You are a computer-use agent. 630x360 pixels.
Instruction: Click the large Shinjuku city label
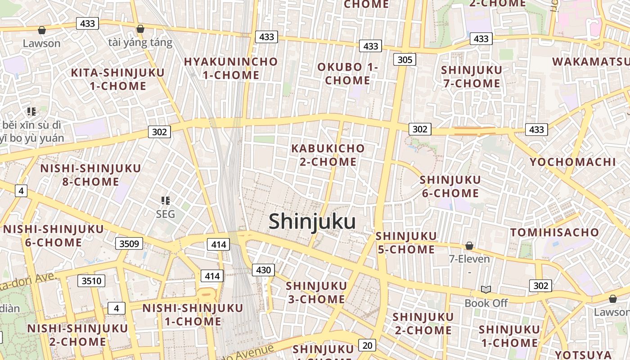(x=312, y=222)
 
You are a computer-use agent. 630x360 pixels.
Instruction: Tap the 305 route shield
(x=405, y=59)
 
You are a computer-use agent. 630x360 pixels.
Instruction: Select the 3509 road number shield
(x=129, y=244)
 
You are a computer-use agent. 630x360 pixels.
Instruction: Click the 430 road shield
(x=263, y=270)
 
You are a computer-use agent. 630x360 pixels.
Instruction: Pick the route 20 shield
(x=368, y=345)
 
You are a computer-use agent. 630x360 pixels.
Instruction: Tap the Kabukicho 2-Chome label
(x=328, y=155)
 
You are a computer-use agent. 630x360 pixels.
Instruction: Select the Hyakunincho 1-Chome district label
(x=231, y=68)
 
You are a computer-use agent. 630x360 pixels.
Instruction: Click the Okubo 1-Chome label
(x=348, y=74)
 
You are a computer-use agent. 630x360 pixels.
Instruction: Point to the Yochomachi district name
(x=572, y=162)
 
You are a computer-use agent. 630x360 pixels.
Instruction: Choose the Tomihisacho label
(x=554, y=233)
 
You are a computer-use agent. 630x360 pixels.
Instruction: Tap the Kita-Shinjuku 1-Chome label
(x=118, y=79)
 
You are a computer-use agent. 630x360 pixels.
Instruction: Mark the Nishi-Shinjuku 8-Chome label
(x=90, y=175)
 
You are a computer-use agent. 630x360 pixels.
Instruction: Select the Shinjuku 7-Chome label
(x=472, y=76)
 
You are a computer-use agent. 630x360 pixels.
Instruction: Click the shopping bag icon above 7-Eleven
(x=469, y=246)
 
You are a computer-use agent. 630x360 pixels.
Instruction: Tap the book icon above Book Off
(x=486, y=289)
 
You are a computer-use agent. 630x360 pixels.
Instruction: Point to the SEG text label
(x=165, y=214)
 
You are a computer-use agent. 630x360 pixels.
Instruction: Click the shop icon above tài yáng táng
(x=140, y=29)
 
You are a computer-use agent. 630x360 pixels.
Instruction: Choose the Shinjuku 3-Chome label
(x=316, y=292)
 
